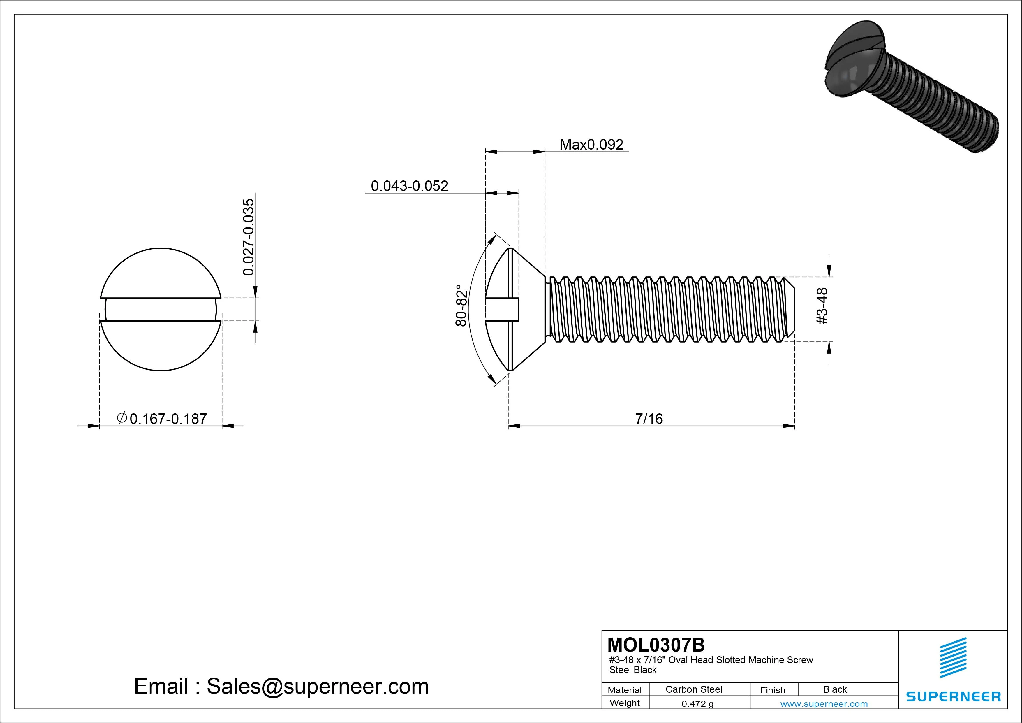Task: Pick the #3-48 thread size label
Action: click(x=823, y=306)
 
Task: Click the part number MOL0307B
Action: click(x=656, y=645)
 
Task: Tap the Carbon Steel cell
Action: click(x=693, y=689)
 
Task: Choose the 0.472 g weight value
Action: click(x=697, y=704)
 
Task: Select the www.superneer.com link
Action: click(x=824, y=704)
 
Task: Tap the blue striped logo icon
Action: click(x=953, y=657)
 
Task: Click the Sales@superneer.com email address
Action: click(x=317, y=687)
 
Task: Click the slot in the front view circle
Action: click(x=161, y=309)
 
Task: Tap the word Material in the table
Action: click(x=625, y=690)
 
